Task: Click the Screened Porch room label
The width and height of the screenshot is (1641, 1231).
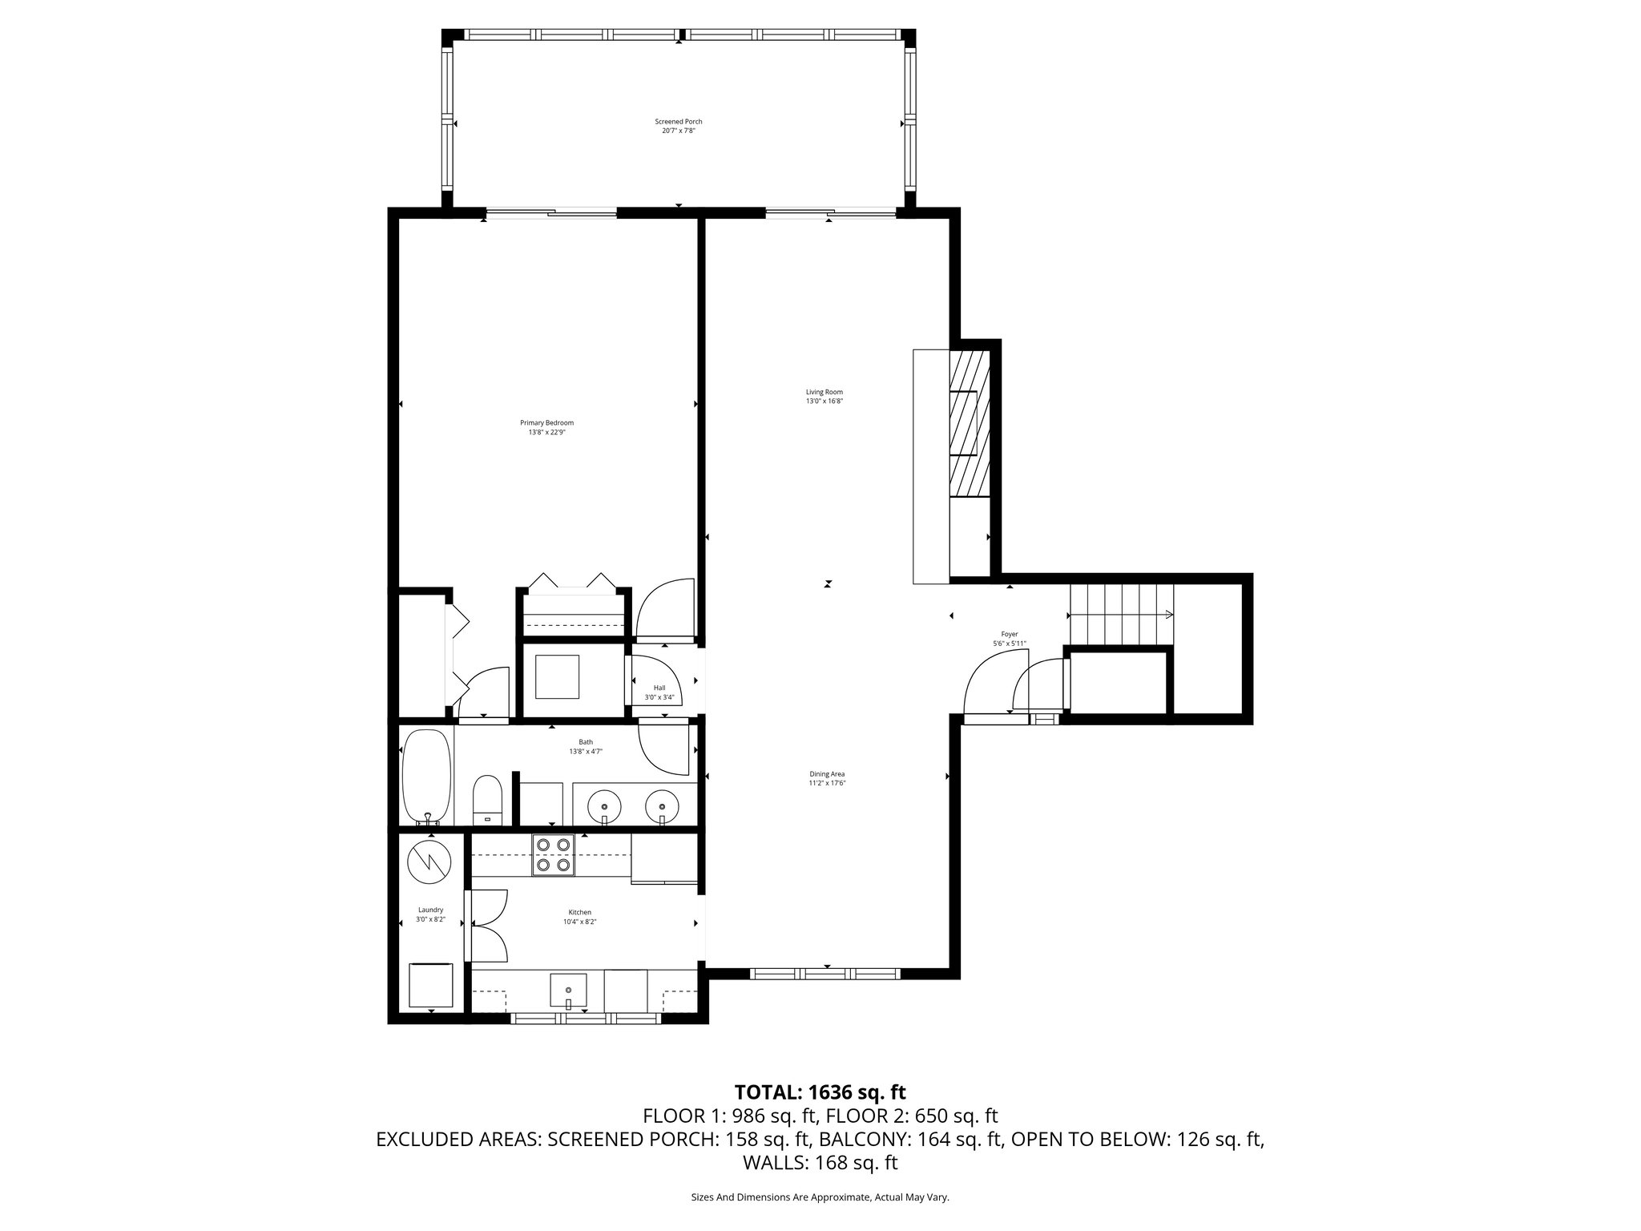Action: [x=678, y=126]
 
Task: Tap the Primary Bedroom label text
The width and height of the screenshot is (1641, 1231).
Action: [x=546, y=427]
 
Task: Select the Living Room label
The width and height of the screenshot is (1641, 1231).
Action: [x=824, y=396]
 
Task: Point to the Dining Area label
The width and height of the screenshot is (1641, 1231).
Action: [x=827, y=778]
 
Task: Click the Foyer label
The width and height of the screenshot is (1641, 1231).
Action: [x=1009, y=639]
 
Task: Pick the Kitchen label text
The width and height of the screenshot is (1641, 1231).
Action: [x=579, y=917]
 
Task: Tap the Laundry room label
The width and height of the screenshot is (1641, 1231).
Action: [x=430, y=914]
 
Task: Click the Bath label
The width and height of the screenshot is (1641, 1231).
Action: [x=586, y=746]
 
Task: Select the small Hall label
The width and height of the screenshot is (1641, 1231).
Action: [x=659, y=692]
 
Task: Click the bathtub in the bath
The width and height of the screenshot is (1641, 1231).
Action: [x=426, y=776]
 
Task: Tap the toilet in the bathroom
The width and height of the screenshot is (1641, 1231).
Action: [x=487, y=799]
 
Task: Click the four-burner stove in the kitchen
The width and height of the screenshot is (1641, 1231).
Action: [x=553, y=854]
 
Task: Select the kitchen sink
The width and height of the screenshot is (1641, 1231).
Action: [x=568, y=991]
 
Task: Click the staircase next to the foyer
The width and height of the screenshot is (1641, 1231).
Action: [x=1122, y=615]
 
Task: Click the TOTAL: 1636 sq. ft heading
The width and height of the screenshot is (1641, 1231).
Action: [x=820, y=1092]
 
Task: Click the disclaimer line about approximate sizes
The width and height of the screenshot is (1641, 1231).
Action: [x=820, y=1197]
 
